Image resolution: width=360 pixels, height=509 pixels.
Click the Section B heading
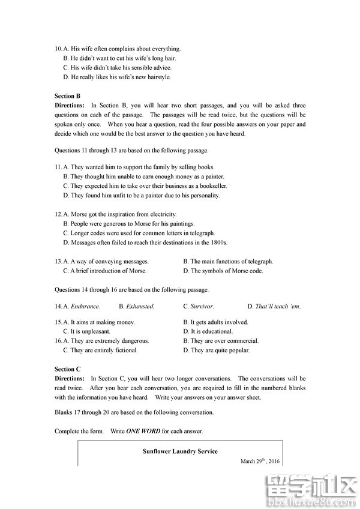point(67,96)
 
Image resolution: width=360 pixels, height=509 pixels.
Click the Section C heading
point(67,369)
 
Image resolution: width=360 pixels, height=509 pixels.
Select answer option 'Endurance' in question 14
point(85,307)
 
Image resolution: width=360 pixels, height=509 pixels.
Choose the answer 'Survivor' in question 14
point(202,307)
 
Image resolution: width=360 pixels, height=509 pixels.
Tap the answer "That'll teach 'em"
point(277,307)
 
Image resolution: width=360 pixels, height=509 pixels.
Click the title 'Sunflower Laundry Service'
point(180,451)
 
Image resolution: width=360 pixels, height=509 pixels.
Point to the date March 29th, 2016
point(260,462)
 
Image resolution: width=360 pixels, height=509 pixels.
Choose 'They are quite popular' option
point(220,351)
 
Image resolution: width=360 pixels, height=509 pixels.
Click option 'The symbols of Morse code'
point(227,271)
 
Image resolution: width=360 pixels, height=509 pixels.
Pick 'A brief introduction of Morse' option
point(108,271)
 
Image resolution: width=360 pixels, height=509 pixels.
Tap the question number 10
point(58,49)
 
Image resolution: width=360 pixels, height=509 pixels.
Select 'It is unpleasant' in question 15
point(91,331)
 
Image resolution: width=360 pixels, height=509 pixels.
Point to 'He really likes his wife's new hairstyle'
point(121,77)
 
